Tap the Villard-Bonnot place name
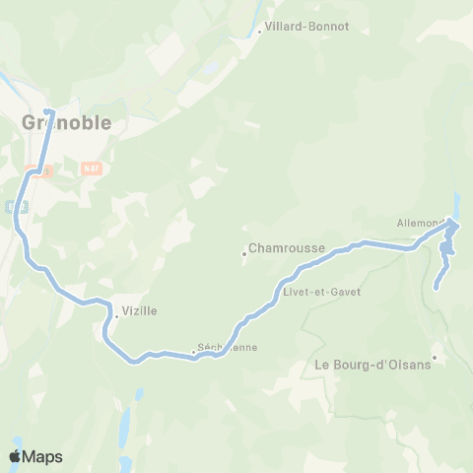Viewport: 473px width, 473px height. coord(307,28)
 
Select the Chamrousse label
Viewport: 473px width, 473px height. coord(287,249)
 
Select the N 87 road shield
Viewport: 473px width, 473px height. coord(93,169)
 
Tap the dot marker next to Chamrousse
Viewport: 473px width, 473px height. coord(243,254)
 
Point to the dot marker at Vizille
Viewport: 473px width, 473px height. coord(116,316)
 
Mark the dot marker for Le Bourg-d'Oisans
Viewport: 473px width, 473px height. coord(435,357)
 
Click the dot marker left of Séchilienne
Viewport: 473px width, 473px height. coord(193,352)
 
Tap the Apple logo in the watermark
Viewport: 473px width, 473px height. coord(15,456)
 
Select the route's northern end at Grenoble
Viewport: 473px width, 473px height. coord(47,110)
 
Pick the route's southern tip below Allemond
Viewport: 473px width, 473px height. coord(436,288)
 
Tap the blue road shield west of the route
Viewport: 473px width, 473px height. coord(12,206)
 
